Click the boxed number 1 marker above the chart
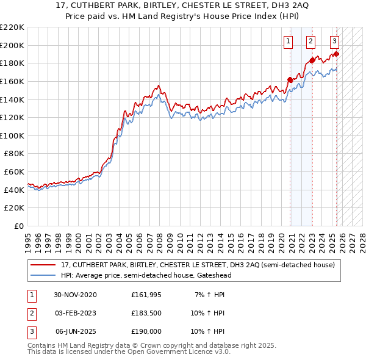point(287,41)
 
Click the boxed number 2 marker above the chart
point(310,41)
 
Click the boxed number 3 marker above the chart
point(335,41)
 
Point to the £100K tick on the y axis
point(12,135)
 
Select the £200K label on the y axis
point(12,45)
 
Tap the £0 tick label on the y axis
point(18,226)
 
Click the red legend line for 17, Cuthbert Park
point(42,265)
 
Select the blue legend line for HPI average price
point(42,275)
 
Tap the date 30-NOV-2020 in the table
point(75,295)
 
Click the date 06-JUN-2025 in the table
point(76,333)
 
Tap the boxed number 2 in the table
point(30,314)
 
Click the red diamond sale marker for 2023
point(312,60)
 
